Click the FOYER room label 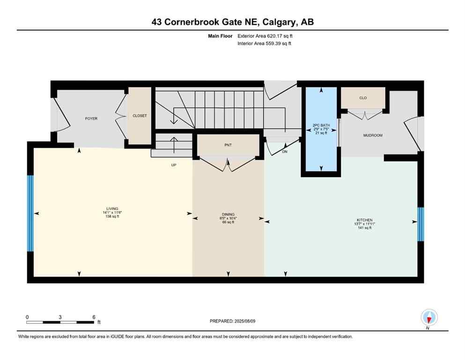point(91,119)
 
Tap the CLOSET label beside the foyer point(140,116)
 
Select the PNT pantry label point(228,145)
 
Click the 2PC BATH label point(321,125)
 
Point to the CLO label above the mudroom point(363,98)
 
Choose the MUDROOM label point(373,135)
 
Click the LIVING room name point(112,209)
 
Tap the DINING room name point(228,214)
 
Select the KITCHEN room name point(364,220)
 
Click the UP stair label point(173,165)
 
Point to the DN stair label point(284,151)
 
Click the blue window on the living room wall point(30,213)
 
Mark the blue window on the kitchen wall point(421,224)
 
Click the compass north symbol point(429,318)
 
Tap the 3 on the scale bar point(60,317)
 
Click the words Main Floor point(221,36)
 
